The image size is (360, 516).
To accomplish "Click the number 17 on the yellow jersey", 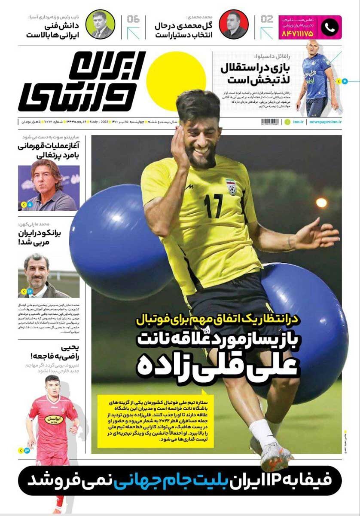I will click(214, 206).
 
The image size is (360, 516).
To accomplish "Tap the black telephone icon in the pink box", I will click(330, 28).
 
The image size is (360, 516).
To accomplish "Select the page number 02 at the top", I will click(266, 19).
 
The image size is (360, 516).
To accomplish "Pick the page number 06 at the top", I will click(133, 19).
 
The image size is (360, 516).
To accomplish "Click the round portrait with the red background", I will click(233, 25).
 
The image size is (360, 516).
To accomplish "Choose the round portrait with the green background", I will click(100, 25).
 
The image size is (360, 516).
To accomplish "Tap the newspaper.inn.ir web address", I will click(323, 122).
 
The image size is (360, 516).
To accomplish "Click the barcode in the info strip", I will click(270, 122).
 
